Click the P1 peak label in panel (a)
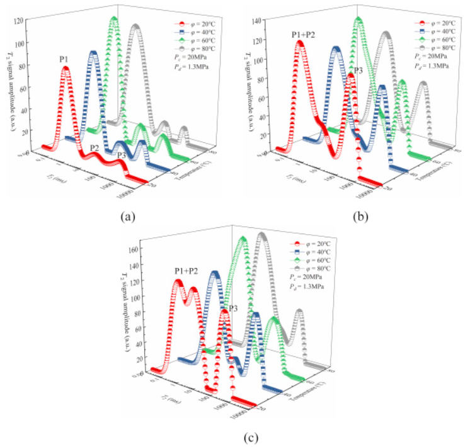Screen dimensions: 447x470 coord(64,59)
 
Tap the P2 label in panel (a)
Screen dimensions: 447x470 coord(94,148)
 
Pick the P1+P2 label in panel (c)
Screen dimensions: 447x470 coord(186,271)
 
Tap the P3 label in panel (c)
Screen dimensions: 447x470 coord(232,308)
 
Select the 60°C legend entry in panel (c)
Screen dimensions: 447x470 coord(311,260)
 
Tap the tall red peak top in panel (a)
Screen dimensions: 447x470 coord(66,69)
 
